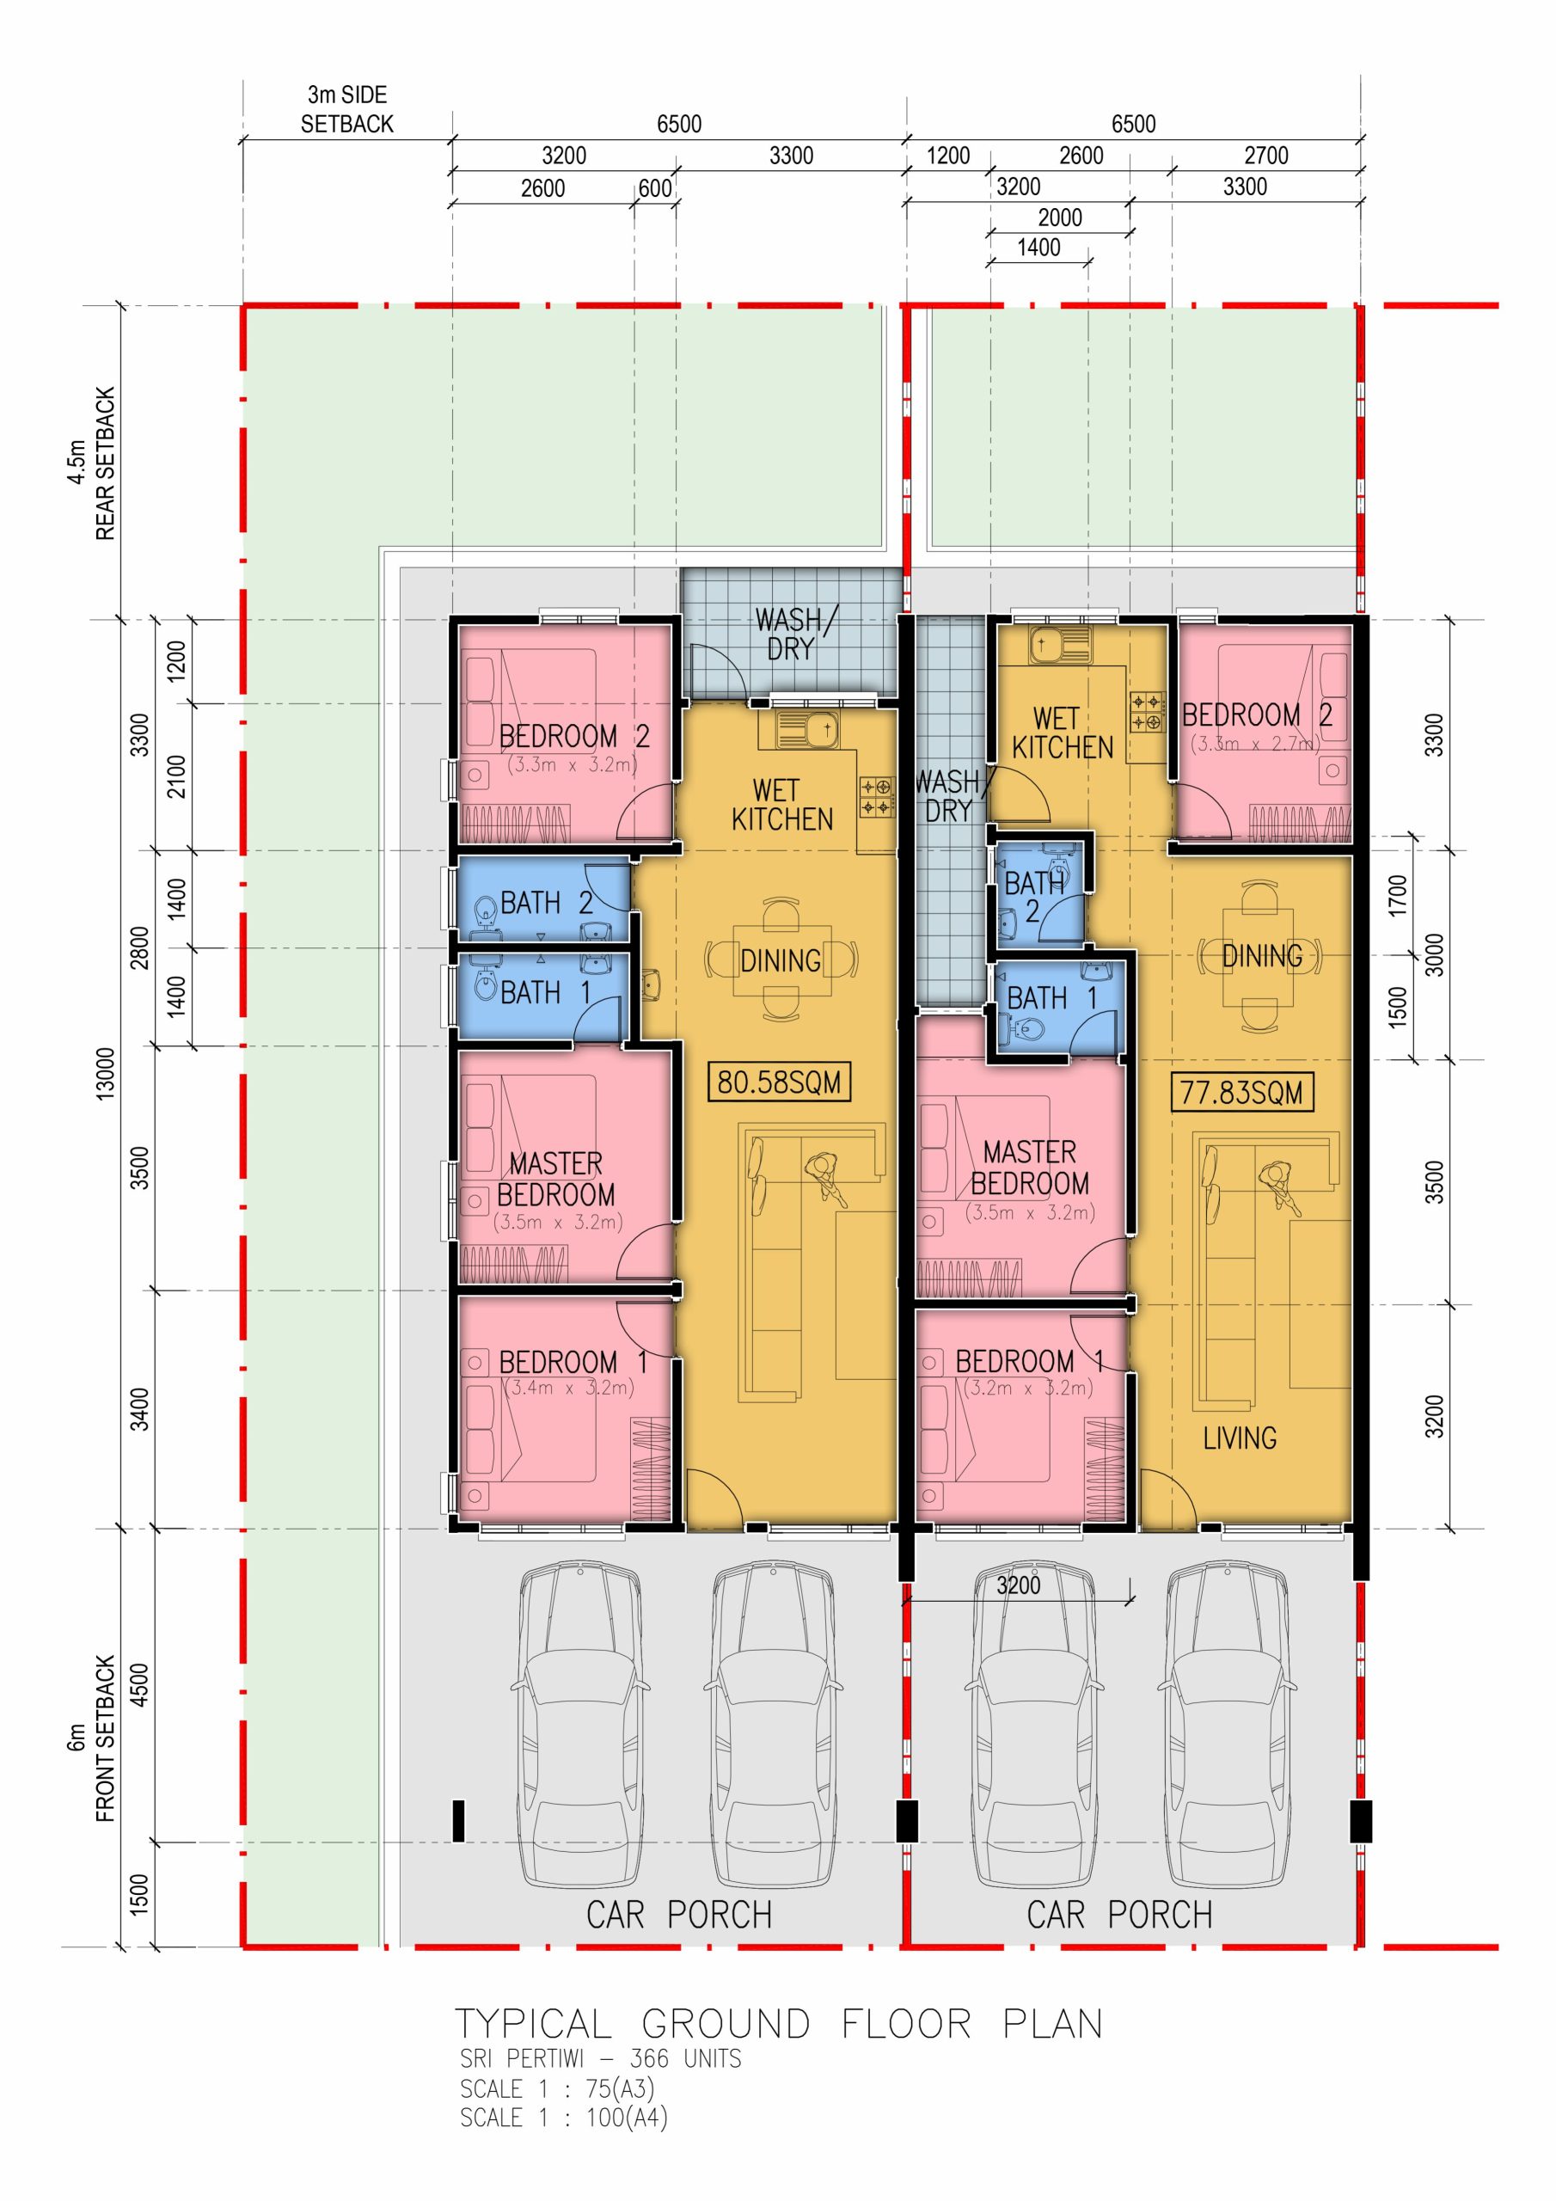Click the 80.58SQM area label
click(779, 1082)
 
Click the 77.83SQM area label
click(1241, 1092)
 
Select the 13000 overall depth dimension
click(106, 1074)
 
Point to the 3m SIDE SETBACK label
click(347, 109)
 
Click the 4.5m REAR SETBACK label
click(92, 463)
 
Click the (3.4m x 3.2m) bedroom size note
click(568, 1387)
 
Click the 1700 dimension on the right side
click(1398, 894)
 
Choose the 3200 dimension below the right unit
click(1018, 1585)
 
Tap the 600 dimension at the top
click(655, 188)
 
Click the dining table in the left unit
click(781, 959)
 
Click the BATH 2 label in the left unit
click(547, 902)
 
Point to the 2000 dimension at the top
click(1059, 218)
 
